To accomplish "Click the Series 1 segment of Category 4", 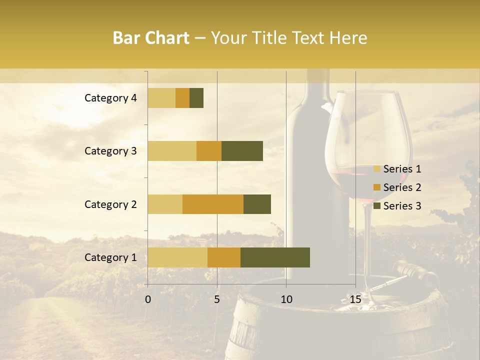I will click(x=161, y=98).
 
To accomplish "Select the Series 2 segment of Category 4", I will click(x=182, y=98).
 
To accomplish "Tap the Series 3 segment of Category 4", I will click(x=196, y=98).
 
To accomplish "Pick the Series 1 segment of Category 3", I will click(x=172, y=151).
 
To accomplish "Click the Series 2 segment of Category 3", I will click(x=209, y=151).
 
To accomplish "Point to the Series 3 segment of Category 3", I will click(x=242, y=151).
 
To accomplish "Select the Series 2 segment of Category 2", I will click(x=213, y=204).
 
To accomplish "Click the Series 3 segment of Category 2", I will click(x=257, y=204).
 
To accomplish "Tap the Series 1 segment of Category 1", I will click(x=177, y=257).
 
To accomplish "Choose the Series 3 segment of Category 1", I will click(x=275, y=257).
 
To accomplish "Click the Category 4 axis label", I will click(x=110, y=98).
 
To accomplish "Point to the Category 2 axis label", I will click(x=110, y=204).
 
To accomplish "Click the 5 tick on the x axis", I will click(x=217, y=299).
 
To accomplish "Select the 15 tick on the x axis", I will click(x=355, y=299).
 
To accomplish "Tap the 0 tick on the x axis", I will click(x=148, y=299).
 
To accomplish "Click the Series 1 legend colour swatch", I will click(x=376, y=169).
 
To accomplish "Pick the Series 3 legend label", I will click(x=402, y=206).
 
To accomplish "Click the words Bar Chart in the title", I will click(x=151, y=38).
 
